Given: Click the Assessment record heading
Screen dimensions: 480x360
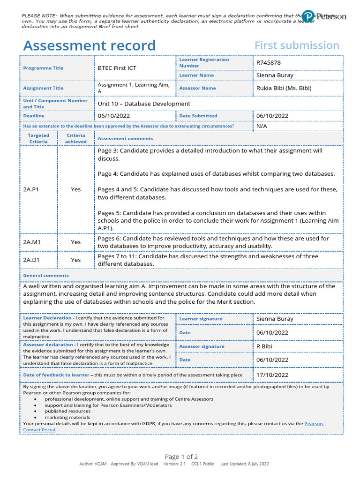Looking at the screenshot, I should [x=89, y=45].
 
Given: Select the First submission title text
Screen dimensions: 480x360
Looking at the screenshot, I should [x=297, y=45].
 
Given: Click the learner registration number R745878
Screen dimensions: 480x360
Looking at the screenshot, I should [x=269, y=62].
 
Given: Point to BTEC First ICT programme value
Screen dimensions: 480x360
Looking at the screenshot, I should [x=117, y=68].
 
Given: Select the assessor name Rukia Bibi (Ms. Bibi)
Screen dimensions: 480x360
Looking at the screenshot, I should [x=284, y=88].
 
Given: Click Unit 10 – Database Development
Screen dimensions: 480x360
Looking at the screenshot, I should [x=144, y=104].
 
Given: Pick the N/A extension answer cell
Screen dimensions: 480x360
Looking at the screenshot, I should [x=261, y=126].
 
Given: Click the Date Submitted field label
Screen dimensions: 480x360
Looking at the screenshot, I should [x=198, y=116].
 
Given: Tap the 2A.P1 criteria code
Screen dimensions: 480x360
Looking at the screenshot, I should [x=32, y=189].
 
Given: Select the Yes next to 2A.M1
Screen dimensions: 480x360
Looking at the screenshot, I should [x=75, y=242].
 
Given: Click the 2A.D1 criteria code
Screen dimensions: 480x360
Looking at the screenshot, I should [x=32, y=260].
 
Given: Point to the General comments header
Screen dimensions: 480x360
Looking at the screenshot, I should [x=46, y=275].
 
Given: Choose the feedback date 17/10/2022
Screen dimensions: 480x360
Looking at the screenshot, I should [x=272, y=375].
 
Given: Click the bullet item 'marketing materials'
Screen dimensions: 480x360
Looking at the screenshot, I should [x=67, y=417].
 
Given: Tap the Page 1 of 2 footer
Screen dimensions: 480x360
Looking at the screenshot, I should [x=181, y=457].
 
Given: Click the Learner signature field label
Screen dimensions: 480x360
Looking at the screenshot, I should [x=201, y=319].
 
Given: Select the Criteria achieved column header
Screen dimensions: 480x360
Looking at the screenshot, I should [x=75, y=138].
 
